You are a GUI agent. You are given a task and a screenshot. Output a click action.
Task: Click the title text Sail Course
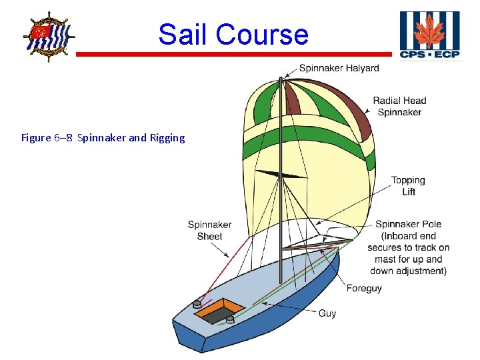233,34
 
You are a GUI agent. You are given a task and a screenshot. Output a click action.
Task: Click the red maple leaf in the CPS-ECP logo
429,30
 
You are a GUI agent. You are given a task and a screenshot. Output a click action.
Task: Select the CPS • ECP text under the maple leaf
429,54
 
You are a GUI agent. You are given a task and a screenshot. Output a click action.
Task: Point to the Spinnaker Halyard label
339,68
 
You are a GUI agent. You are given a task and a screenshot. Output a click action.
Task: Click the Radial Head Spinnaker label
399,107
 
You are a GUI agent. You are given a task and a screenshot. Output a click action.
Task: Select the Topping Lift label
408,186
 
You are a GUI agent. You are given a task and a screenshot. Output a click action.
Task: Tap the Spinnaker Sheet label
209,231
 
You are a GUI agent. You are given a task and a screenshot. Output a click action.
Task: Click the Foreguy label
364,289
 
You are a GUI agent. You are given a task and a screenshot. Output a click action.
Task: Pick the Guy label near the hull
327,313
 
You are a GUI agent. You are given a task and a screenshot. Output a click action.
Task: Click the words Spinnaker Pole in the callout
408,225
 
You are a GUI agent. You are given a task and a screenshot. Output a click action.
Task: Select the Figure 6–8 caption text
103,138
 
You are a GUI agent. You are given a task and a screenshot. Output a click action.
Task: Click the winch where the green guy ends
230,319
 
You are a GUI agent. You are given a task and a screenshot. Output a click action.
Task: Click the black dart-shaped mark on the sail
280,175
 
